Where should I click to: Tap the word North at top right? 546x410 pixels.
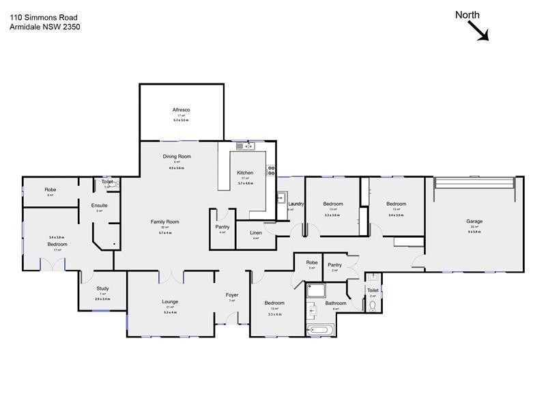(468, 15)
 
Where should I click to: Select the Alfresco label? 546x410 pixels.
(181, 110)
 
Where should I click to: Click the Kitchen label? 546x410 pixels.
(245, 173)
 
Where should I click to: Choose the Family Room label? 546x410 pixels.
(165, 221)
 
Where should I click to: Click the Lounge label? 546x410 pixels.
(170, 301)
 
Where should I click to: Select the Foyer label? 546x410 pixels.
(232, 295)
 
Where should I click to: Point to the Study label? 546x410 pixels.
(102, 289)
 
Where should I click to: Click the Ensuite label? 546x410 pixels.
(100, 205)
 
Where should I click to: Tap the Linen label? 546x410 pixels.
(256, 233)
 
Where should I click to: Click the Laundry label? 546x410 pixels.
(296, 204)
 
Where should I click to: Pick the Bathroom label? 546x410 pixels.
(336, 303)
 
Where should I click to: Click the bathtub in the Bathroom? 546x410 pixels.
(320, 330)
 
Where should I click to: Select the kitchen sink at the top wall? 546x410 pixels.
(244, 146)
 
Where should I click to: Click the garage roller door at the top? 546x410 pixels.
(474, 182)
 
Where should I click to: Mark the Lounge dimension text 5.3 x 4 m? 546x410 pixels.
(170, 312)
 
